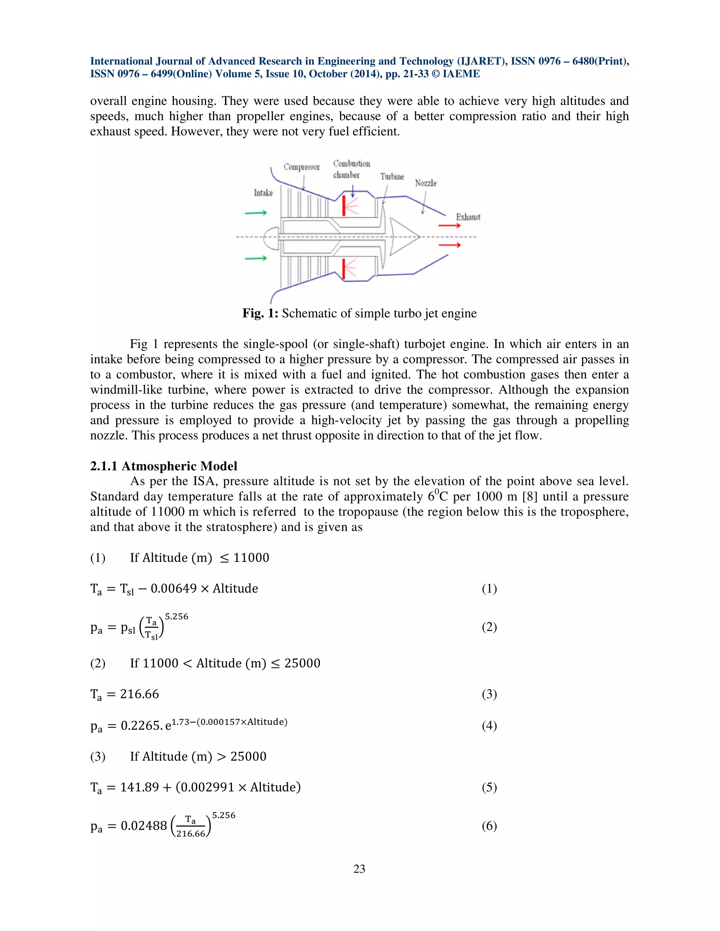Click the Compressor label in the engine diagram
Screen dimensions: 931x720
(x=302, y=167)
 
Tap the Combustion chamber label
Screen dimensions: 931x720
(x=351, y=169)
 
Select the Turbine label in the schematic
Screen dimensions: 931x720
(x=392, y=176)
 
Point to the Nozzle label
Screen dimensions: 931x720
(x=426, y=183)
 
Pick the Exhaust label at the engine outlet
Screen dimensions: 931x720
(x=468, y=217)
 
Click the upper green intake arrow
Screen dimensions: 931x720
(x=256, y=213)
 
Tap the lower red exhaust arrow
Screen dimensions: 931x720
(x=450, y=245)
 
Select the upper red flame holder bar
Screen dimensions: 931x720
(x=344, y=206)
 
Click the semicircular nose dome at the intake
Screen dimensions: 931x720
(x=271, y=237)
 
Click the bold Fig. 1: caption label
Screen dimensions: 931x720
(x=260, y=313)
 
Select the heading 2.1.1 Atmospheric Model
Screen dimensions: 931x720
(x=163, y=466)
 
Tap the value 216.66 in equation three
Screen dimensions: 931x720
(x=140, y=694)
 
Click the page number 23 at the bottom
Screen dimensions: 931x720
(x=359, y=869)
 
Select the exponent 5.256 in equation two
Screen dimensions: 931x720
(x=176, y=617)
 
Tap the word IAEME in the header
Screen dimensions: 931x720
(x=461, y=74)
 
